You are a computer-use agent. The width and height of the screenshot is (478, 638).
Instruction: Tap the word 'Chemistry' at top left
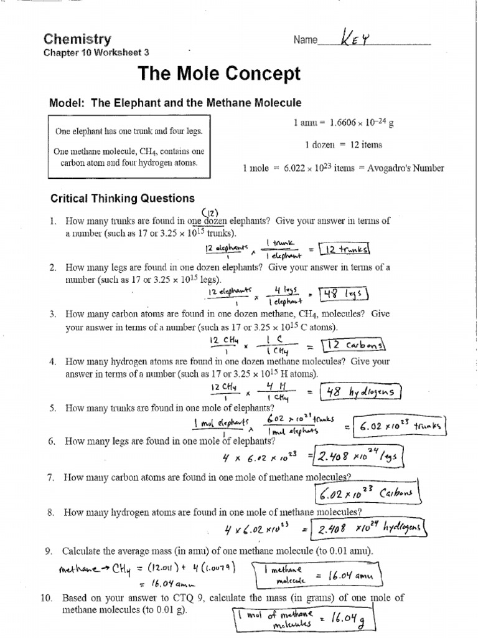pyautogui.click(x=77, y=39)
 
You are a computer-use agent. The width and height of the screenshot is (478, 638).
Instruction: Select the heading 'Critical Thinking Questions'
pyautogui.click(x=122, y=198)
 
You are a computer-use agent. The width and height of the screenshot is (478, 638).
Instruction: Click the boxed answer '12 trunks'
pyautogui.click(x=344, y=249)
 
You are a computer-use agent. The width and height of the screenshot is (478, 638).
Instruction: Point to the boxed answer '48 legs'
pyautogui.click(x=344, y=293)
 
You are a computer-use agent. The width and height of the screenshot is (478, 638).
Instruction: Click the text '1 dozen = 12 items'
pyautogui.click(x=344, y=145)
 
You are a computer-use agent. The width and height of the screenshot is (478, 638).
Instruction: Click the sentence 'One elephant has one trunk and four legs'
pyautogui.click(x=129, y=132)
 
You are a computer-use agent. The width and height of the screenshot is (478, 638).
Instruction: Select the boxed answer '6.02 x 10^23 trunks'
pyautogui.click(x=400, y=427)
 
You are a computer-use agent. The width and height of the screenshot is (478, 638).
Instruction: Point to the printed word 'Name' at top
pyautogui.click(x=305, y=40)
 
